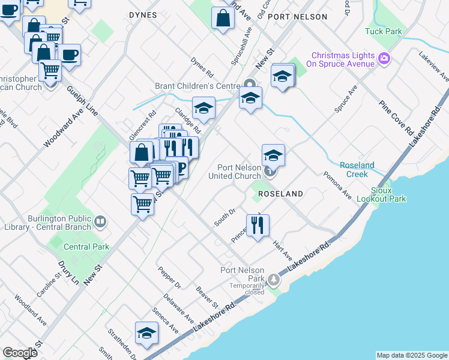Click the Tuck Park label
click(383, 31)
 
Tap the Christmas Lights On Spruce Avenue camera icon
click(385, 59)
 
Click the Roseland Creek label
click(357, 169)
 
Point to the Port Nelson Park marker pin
click(274, 279)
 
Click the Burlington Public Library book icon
click(100, 222)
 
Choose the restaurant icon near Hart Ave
click(258, 226)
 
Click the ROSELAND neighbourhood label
click(280, 194)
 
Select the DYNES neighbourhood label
click(143, 15)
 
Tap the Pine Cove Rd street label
click(397, 117)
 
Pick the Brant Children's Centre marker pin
click(250, 84)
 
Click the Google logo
click(20, 353)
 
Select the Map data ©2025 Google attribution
click(411, 355)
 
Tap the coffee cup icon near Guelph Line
click(69, 55)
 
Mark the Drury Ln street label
click(71, 272)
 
